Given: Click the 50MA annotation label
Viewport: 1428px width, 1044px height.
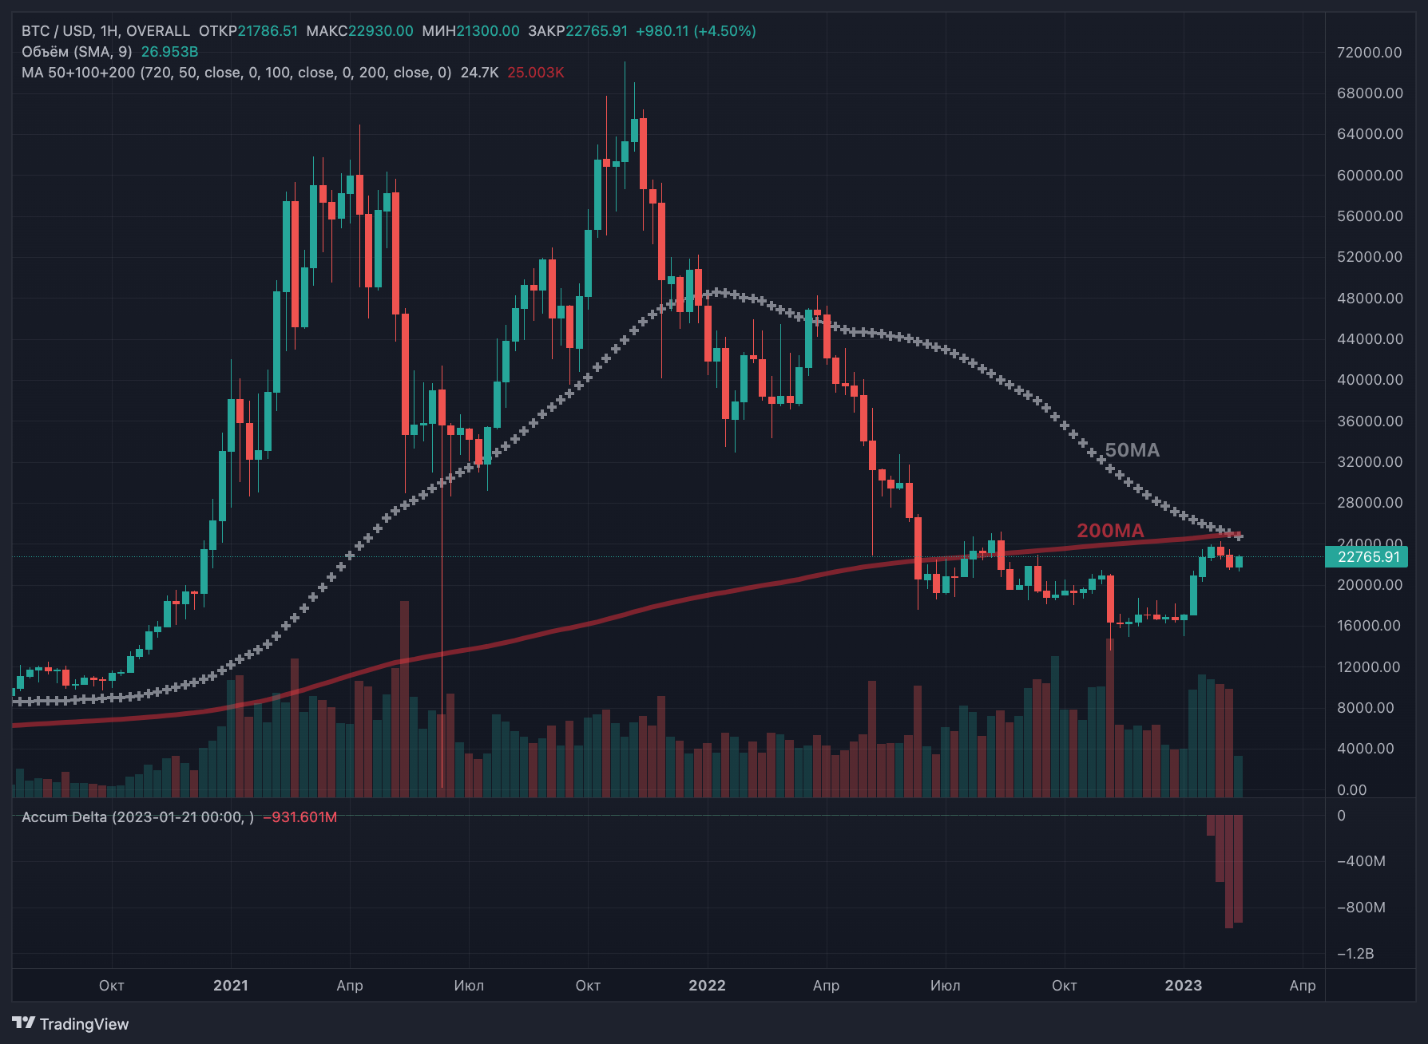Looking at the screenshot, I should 1132,450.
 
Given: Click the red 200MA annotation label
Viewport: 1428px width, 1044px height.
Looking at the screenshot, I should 1110,531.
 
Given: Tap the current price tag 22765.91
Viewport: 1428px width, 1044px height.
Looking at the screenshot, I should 1368,557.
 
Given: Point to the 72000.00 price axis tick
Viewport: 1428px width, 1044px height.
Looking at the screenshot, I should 1369,53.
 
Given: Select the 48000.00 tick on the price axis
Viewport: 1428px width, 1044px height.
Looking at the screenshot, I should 1369,299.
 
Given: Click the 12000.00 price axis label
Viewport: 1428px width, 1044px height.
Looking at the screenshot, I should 1369,667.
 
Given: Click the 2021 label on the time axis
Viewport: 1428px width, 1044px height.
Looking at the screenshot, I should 231,986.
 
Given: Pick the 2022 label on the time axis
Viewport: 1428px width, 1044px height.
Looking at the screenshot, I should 707,986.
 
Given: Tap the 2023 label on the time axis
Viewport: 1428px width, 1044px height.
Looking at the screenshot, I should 1183,986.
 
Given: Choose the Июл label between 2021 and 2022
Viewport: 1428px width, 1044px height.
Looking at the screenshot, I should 469,986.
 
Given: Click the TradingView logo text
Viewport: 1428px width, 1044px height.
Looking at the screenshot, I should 84,1024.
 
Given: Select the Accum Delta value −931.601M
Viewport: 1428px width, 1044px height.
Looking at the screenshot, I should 300,817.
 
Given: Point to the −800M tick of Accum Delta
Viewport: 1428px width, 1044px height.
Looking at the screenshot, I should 1361,908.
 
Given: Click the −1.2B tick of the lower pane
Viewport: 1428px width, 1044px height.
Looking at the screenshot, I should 1355,954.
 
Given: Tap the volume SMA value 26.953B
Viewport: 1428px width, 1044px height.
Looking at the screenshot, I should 169,52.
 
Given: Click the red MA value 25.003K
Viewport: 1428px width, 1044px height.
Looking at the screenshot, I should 535,73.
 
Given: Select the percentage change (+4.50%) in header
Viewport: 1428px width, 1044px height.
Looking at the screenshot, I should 724,31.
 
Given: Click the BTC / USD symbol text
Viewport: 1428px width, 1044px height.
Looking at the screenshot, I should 57,31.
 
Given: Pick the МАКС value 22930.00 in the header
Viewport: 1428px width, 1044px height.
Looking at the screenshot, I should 381,31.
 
